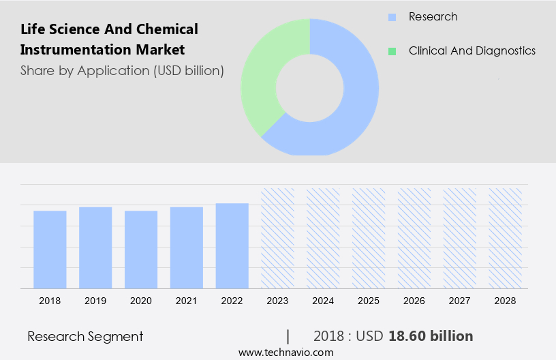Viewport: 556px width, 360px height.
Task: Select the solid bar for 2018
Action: click(x=50, y=249)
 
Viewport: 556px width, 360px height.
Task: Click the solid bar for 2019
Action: click(x=95, y=247)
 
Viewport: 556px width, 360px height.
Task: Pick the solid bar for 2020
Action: click(x=141, y=249)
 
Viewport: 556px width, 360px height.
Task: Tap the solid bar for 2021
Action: click(x=187, y=247)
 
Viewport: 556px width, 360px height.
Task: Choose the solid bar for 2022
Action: click(x=232, y=245)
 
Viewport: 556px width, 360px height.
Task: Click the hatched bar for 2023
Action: click(x=277, y=238)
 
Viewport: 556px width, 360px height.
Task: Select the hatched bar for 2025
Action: click(x=369, y=238)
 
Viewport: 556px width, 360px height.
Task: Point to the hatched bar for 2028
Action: click(x=506, y=238)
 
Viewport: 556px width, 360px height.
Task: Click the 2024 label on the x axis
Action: click(x=323, y=300)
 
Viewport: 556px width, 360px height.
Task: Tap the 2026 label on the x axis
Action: click(x=414, y=300)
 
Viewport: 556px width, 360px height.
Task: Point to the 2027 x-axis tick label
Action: click(x=460, y=300)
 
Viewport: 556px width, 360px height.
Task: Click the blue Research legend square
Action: click(x=392, y=17)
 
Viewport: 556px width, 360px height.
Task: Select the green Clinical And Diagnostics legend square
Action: click(x=392, y=51)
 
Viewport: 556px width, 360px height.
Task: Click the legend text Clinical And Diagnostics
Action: click(x=472, y=51)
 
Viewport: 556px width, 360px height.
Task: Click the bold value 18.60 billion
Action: click(x=430, y=336)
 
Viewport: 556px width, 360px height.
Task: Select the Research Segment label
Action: click(x=85, y=336)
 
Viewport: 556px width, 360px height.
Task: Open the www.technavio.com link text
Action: click(x=285, y=352)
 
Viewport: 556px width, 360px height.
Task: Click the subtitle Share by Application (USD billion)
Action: click(x=122, y=70)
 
